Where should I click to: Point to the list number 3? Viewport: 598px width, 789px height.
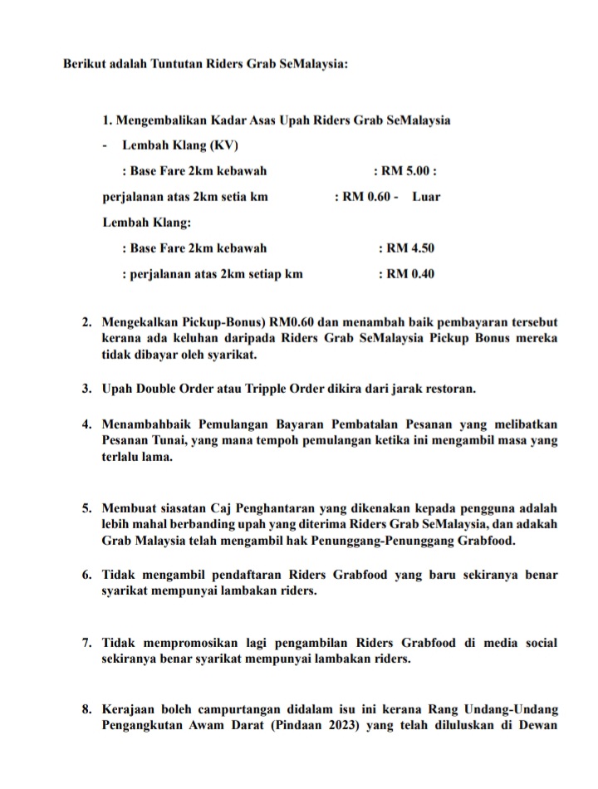pyautogui.click(x=86, y=388)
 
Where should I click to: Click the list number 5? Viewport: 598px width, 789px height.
pyautogui.click(x=86, y=507)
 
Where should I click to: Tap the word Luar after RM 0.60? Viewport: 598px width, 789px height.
pyautogui.click(x=426, y=198)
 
